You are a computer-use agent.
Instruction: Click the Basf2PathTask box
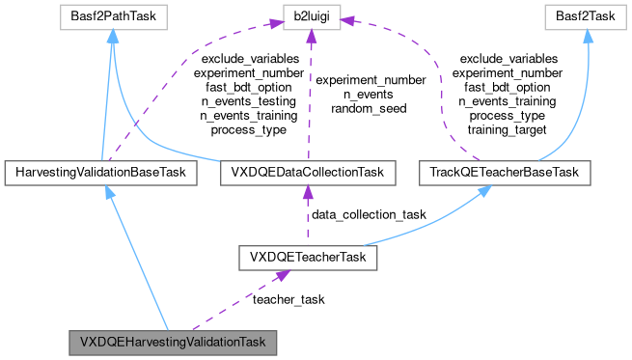point(112,17)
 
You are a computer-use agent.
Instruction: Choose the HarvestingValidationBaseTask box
point(100,173)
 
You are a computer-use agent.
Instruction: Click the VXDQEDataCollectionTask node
point(307,173)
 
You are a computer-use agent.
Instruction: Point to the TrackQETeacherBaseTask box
point(505,173)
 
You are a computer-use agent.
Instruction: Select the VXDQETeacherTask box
point(307,258)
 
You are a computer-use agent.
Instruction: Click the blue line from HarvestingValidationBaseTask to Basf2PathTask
point(107,97)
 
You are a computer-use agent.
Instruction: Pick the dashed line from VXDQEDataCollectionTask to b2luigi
point(310,97)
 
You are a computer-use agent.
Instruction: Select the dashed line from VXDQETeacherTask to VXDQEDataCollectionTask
point(307,217)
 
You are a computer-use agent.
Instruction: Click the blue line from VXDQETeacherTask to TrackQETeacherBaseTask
point(425,227)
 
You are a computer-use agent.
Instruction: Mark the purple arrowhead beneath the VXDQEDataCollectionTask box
point(307,192)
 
